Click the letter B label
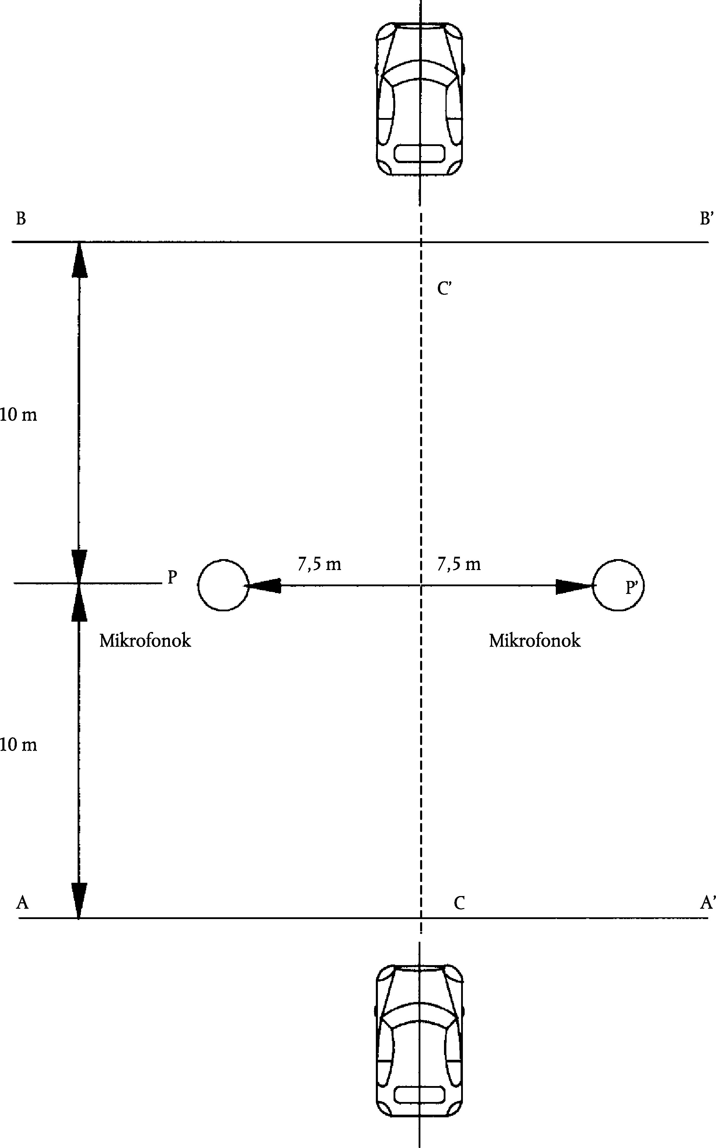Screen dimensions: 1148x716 (21, 219)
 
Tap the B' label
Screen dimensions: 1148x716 (706, 219)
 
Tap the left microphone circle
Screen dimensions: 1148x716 (223, 585)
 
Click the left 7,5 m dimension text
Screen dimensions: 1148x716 (319, 564)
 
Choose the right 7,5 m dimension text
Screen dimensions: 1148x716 (458, 564)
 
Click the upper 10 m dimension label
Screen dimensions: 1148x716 (19, 415)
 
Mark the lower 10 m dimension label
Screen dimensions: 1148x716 (19, 745)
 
